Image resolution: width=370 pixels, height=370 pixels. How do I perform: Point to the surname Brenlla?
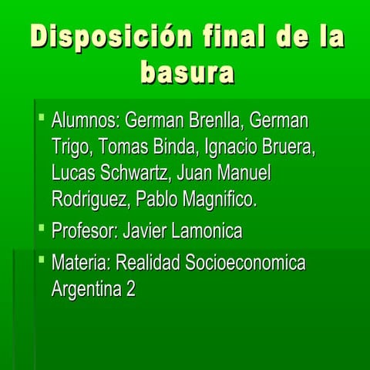click(214, 121)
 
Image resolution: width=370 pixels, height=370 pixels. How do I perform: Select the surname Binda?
click(173, 147)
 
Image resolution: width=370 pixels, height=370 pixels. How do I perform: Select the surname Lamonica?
click(204, 230)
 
